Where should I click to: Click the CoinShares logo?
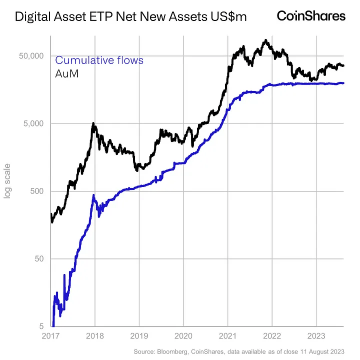[311, 16]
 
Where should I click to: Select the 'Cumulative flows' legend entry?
[99, 60]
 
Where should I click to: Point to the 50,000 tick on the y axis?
[32, 55]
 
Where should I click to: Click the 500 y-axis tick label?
[37, 191]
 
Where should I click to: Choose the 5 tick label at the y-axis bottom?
[42, 326]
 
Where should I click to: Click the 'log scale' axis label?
[7, 180]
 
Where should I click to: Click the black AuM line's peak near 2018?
[93, 123]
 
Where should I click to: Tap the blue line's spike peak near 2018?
[93, 195]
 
